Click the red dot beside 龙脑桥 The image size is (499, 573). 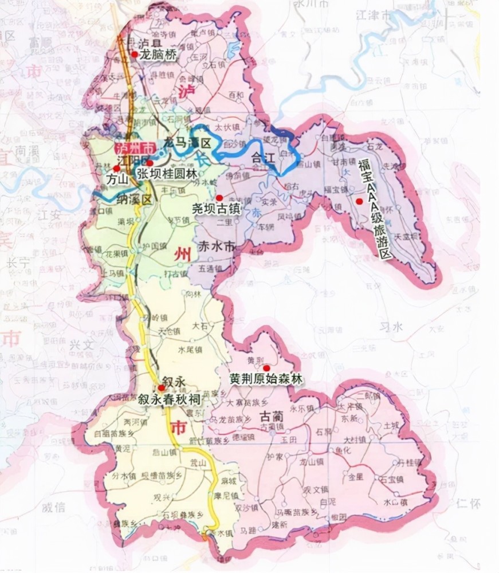click(x=135, y=54)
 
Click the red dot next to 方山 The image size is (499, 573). click(x=117, y=168)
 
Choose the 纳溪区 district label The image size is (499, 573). click(x=133, y=199)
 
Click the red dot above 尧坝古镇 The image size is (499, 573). click(x=219, y=198)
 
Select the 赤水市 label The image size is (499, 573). click(x=216, y=248)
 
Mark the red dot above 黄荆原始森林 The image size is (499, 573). click(x=266, y=367)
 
